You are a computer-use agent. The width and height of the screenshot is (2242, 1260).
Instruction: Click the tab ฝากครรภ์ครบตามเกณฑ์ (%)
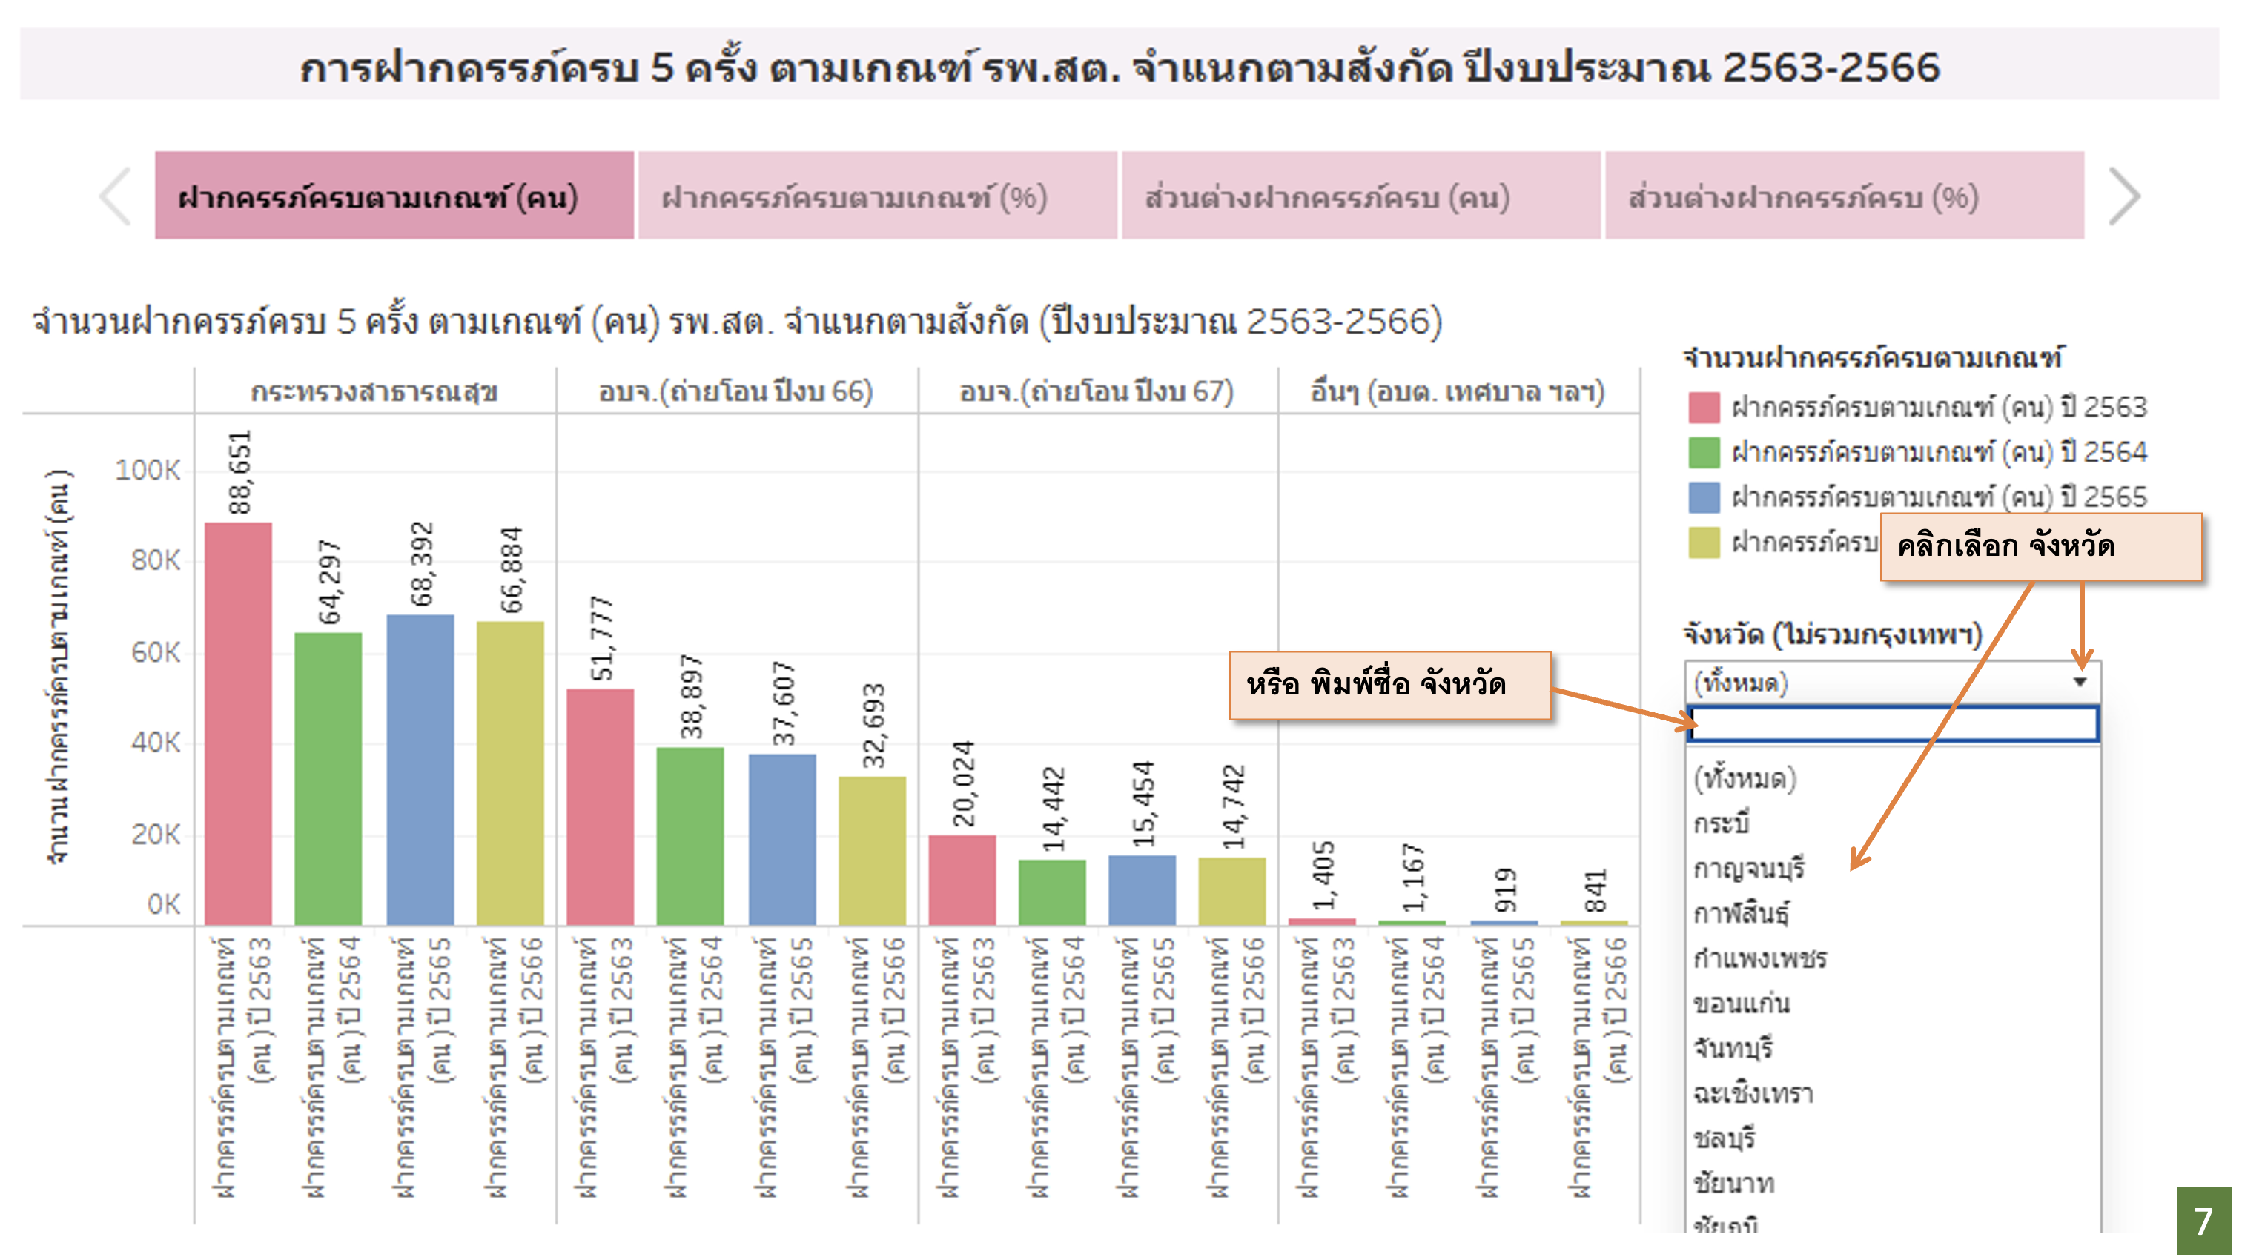877,196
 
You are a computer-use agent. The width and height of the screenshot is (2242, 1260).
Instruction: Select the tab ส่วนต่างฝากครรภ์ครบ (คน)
1360,196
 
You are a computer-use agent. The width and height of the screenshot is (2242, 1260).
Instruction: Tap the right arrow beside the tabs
2123,196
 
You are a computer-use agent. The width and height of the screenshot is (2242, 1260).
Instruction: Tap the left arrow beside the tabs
116,196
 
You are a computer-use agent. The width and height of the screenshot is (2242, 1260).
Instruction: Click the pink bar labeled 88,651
237,722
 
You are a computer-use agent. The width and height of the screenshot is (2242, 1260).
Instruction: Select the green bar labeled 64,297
328,778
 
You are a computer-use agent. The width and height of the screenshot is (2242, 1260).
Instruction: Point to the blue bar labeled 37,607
781,839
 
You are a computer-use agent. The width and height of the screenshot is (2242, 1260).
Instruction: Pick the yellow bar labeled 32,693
872,850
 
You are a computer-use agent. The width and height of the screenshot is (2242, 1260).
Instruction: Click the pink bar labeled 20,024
962,879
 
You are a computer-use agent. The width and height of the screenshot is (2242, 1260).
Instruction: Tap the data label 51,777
601,639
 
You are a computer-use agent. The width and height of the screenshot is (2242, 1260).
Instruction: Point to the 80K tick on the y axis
156,561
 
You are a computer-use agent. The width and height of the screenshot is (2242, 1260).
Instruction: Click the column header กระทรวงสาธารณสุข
374,392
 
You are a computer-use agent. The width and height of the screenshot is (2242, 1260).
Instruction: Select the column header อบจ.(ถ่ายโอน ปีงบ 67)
1097,392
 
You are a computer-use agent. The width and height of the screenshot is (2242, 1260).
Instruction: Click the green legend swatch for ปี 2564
1703,452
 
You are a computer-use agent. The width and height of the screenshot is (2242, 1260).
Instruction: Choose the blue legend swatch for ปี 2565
1703,498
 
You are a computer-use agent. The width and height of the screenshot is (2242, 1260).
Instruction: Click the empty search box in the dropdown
1893,724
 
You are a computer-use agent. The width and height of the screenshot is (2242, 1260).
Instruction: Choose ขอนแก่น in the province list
1742,1004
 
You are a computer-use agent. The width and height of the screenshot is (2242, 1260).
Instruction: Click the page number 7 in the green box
2203,1221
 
